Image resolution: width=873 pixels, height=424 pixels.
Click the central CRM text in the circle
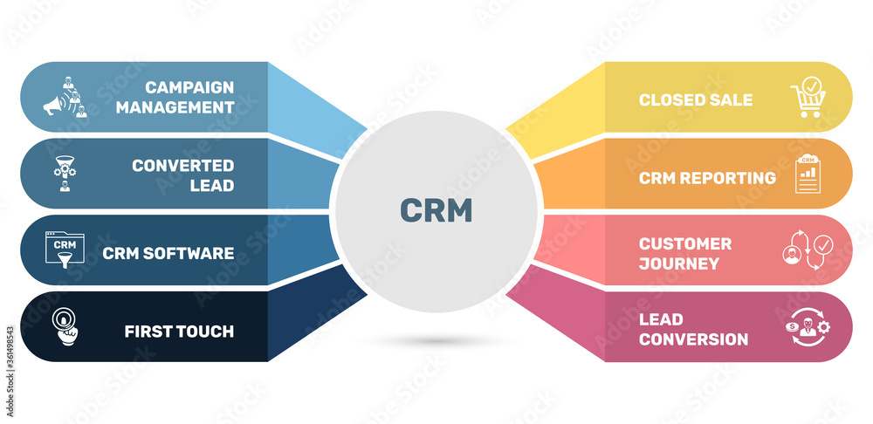[x=436, y=210]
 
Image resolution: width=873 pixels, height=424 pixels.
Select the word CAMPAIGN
[x=189, y=87]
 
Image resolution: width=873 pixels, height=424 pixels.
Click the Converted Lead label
[x=182, y=174]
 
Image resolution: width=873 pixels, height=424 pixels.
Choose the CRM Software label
[x=168, y=253]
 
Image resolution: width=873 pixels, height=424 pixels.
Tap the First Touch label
[x=179, y=331]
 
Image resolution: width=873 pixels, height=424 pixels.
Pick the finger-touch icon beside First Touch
[x=63, y=325]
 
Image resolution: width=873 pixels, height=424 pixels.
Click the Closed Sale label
[x=695, y=99]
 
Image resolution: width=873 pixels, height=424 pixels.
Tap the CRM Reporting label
[x=707, y=178]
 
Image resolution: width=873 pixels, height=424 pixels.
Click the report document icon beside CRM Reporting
[x=808, y=174]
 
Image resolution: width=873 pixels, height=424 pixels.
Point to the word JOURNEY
[x=679, y=263]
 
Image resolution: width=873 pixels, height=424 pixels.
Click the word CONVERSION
[x=693, y=339]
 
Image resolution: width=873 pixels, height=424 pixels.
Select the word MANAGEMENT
[x=175, y=107]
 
